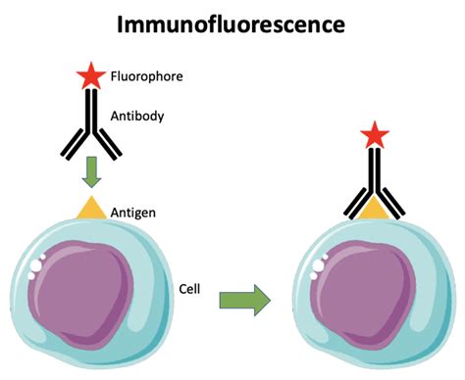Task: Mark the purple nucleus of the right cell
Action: click(x=378, y=294)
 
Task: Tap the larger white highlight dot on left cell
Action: click(x=37, y=265)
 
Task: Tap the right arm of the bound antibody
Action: click(x=391, y=205)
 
